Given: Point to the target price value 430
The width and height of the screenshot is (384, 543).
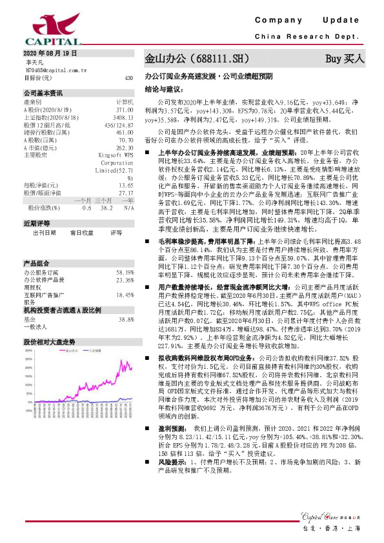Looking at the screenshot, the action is click(128, 77).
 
